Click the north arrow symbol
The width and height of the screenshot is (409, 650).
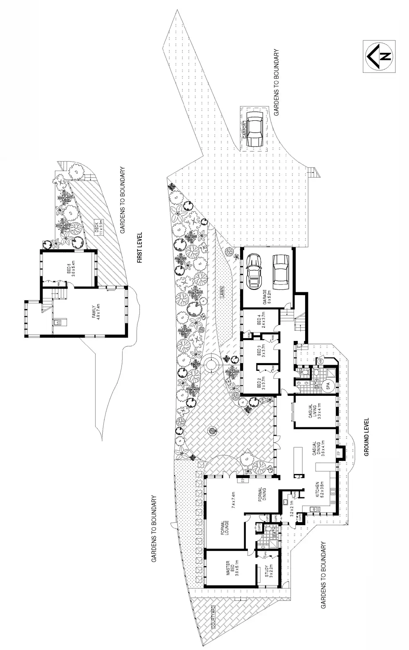pyautogui.click(x=379, y=57)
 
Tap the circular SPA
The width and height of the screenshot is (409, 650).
pyautogui.click(x=328, y=385)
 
